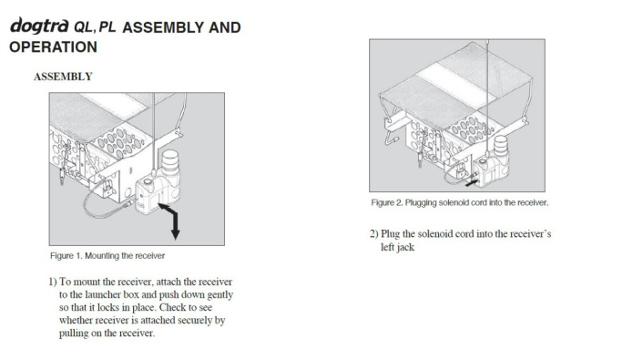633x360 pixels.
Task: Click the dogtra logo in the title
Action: [x=39, y=26]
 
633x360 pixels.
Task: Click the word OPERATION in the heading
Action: [x=54, y=47]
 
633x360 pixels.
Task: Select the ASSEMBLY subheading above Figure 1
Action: [x=63, y=77]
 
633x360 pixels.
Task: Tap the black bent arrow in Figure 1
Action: [x=171, y=221]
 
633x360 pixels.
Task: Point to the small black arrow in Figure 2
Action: [x=471, y=182]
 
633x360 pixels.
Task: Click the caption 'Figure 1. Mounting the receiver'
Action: [x=107, y=256]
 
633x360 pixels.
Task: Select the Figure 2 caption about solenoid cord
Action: [x=459, y=202]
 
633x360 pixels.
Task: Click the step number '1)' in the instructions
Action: [x=53, y=282]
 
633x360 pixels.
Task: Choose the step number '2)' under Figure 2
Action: [x=373, y=234]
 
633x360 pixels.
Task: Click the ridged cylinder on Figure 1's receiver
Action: [x=170, y=162]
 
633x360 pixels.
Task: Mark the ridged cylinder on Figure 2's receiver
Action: [x=501, y=146]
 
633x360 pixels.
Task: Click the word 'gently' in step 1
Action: [x=220, y=295]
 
